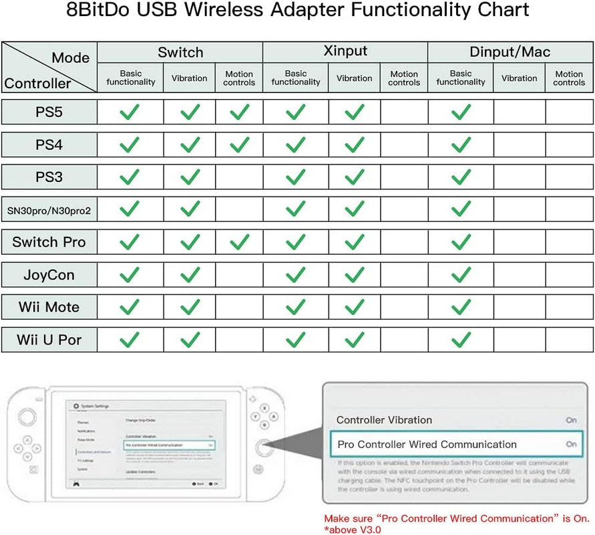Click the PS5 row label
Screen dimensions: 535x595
click(x=49, y=112)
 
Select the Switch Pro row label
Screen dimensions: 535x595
click(x=49, y=242)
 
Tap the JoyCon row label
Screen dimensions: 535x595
click(x=49, y=275)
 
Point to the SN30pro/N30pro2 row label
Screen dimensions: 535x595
click(x=49, y=210)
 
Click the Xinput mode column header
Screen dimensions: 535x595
click(x=345, y=51)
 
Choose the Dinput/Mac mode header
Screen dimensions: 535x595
click(x=510, y=51)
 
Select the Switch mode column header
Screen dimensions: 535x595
click(x=180, y=51)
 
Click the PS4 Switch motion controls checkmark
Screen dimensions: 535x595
click(x=239, y=144)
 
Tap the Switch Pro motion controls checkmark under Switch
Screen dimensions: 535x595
click(x=239, y=242)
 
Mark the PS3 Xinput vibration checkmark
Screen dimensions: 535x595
click(x=354, y=177)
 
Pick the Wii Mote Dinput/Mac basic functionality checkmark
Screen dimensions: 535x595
click(x=461, y=308)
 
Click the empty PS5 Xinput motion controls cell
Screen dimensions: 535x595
click(x=404, y=112)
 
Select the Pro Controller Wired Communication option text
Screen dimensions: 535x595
click(x=427, y=444)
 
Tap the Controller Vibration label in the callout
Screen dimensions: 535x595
click(x=384, y=420)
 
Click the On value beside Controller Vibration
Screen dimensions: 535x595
click(x=571, y=420)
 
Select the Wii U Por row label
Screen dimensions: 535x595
click(x=49, y=340)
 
